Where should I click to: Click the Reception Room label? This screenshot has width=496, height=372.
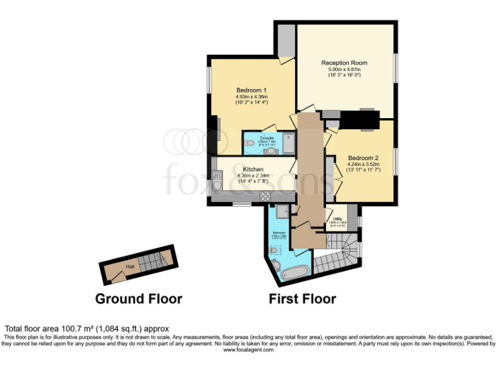[x=344, y=63]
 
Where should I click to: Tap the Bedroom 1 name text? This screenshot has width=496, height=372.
[x=251, y=90]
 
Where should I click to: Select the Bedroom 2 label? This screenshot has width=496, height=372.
[x=363, y=158]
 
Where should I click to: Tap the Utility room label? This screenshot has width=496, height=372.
[x=337, y=219]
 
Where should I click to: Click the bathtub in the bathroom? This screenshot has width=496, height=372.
[x=294, y=273]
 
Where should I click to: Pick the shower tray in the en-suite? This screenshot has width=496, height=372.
[x=287, y=142]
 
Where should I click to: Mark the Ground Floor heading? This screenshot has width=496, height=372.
[x=138, y=299]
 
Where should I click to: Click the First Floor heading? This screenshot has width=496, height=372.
[x=302, y=299]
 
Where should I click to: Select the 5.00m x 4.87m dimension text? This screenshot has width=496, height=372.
[x=344, y=69]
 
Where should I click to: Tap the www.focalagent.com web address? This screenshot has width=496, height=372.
[x=247, y=349]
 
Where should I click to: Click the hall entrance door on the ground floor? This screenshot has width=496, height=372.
[x=116, y=278]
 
